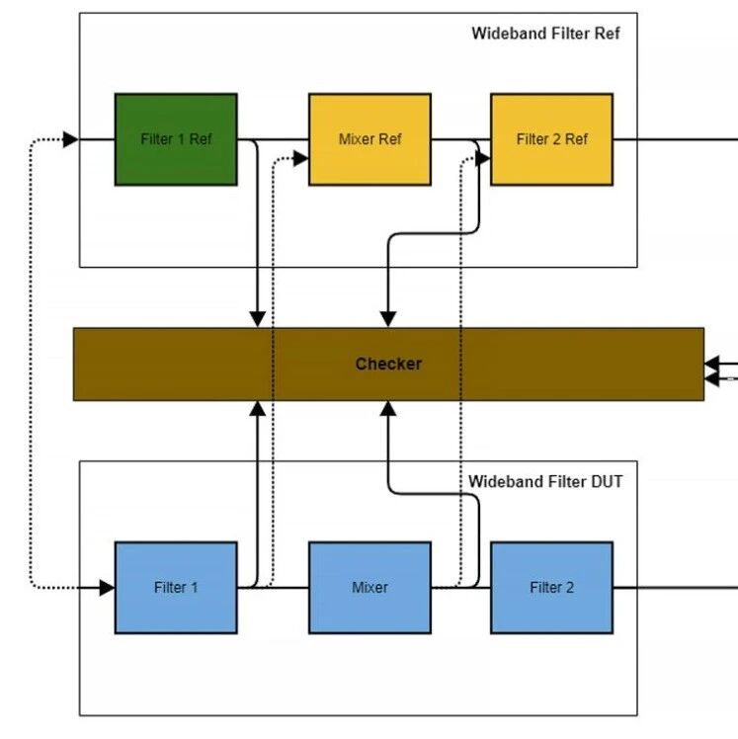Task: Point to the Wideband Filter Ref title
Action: click(545, 34)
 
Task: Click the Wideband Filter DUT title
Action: click(545, 482)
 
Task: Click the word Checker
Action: click(388, 364)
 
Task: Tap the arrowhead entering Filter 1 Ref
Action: click(71, 139)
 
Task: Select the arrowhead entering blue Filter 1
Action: click(107, 588)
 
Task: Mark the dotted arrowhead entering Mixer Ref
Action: click(300, 156)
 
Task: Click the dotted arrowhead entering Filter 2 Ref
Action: click(483, 156)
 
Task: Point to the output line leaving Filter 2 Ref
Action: click(676, 139)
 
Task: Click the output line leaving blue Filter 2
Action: click(676, 588)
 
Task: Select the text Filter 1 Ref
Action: click(176, 139)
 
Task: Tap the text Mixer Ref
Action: click(369, 139)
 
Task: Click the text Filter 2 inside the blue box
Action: click(551, 588)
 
